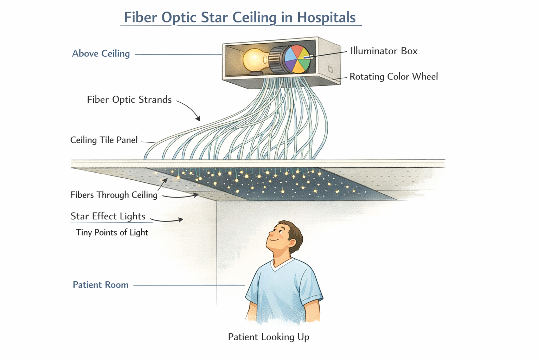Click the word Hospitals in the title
[x=326, y=17]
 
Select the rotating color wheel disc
[x=297, y=59]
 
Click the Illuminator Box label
[x=384, y=51]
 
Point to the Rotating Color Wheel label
[x=393, y=77]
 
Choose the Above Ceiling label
[x=101, y=53]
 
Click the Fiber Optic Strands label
[x=129, y=99]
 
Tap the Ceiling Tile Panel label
[x=104, y=140]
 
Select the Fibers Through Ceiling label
[x=114, y=195]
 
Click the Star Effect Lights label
[x=108, y=216]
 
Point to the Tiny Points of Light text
[x=112, y=232]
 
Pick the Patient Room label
[x=101, y=285]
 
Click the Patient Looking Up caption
[x=269, y=337]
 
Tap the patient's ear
[x=291, y=243]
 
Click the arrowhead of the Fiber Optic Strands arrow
[x=199, y=119]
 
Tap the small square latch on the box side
[x=330, y=69]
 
